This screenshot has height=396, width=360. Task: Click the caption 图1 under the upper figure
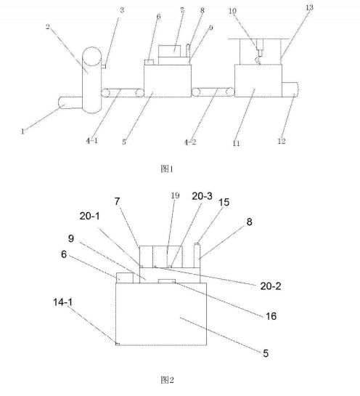click(x=167, y=169)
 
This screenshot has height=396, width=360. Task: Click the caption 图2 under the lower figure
click(x=167, y=379)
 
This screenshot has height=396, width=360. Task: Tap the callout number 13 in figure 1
click(x=309, y=7)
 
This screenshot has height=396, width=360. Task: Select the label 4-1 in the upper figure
click(x=92, y=141)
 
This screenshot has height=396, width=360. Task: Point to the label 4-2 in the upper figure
click(x=190, y=142)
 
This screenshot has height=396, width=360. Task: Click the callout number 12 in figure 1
click(x=282, y=141)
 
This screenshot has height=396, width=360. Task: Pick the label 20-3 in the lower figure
click(x=202, y=196)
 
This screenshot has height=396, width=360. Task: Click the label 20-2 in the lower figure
click(x=271, y=286)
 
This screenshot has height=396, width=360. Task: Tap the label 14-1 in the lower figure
click(x=63, y=302)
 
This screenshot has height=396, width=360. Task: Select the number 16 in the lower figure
click(x=271, y=316)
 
